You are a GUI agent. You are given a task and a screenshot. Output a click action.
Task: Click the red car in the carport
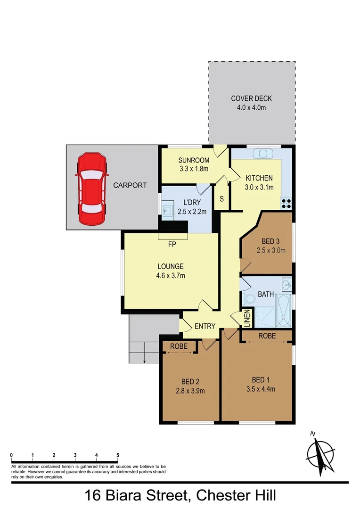[x=92, y=188]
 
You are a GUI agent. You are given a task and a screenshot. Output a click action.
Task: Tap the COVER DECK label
[x=252, y=99]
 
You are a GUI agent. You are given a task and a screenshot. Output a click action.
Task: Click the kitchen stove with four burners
[x=286, y=203]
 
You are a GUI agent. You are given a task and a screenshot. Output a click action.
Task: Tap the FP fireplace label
[x=172, y=245]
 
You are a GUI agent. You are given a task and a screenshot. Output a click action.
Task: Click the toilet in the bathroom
[x=247, y=299]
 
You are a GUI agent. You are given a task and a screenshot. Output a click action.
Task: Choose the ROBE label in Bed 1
[x=267, y=336]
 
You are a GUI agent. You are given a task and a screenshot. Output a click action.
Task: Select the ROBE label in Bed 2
[x=179, y=346]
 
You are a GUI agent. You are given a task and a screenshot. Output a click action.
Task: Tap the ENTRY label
[x=205, y=326]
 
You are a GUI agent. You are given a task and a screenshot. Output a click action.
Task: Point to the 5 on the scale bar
[x=118, y=455]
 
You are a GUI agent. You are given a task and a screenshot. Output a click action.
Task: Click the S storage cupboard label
[x=221, y=199]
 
